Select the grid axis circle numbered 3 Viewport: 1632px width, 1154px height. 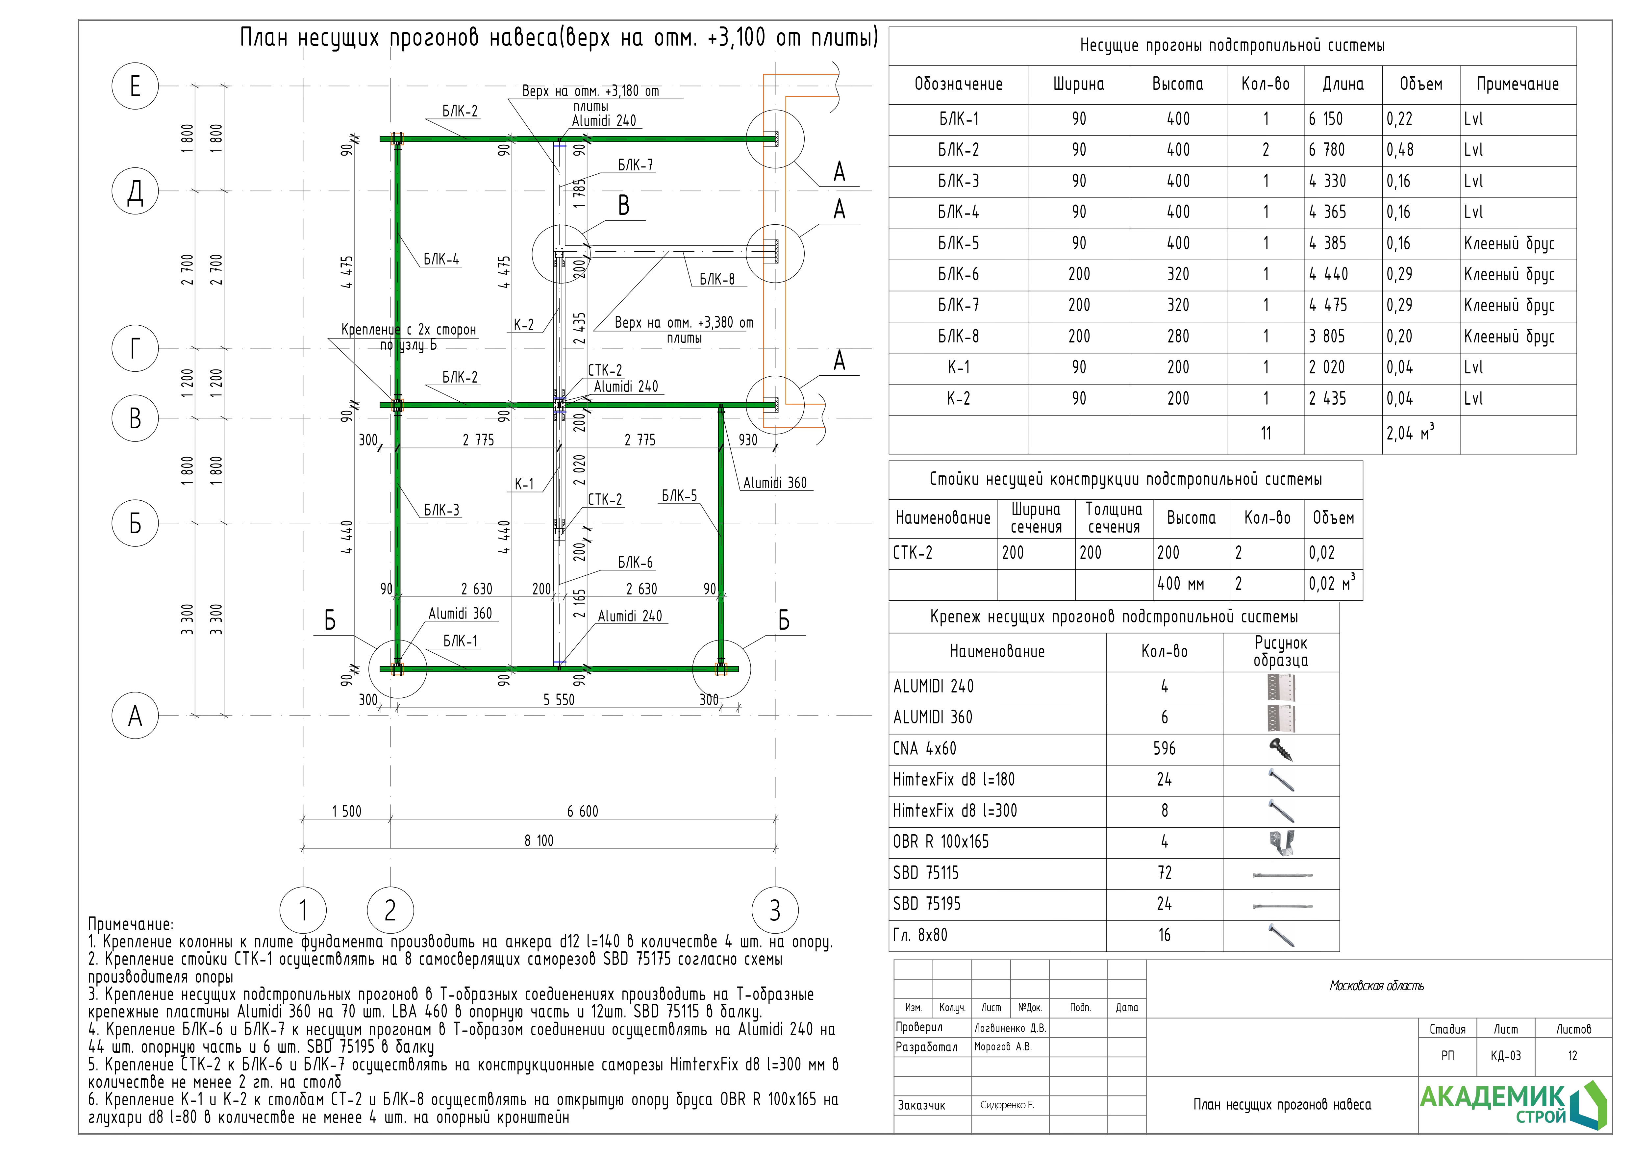pos(775,910)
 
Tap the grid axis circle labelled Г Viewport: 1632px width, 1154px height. pos(135,348)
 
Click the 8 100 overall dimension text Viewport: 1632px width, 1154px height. pos(539,840)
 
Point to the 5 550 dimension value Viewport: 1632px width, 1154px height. pos(559,700)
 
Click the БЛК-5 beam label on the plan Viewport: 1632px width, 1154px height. pos(679,496)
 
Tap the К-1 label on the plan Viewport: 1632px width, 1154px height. pos(524,484)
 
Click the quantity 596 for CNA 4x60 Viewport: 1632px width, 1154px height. pos(1164,748)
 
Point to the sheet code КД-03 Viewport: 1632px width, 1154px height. pos(1505,1056)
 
